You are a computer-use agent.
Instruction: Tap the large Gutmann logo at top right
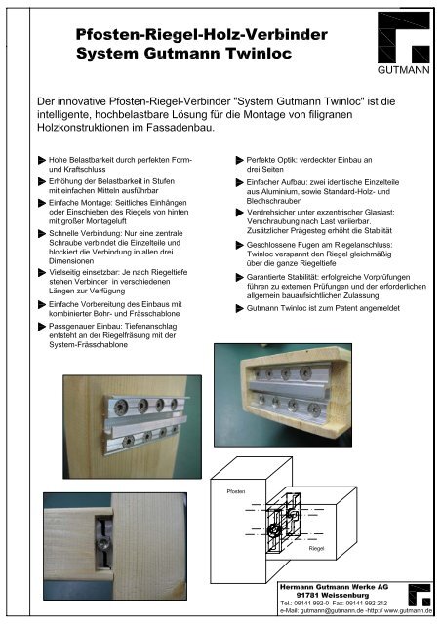(x=404, y=37)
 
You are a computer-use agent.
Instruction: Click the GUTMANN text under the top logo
(x=404, y=70)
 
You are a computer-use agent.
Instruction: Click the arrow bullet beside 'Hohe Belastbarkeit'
(x=41, y=160)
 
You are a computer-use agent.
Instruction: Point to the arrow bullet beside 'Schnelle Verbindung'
(x=41, y=234)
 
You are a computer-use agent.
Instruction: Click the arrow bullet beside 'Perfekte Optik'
(x=239, y=160)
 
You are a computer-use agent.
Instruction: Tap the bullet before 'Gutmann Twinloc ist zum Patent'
(x=239, y=308)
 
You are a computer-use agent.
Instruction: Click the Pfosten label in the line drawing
(x=236, y=491)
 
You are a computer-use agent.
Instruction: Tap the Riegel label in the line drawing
(x=317, y=548)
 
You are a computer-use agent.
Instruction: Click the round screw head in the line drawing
(x=275, y=530)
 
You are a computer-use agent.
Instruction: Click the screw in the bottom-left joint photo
(x=104, y=544)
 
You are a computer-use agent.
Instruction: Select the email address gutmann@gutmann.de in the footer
(x=332, y=611)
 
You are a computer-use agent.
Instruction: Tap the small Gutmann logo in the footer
(x=420, y=595)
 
